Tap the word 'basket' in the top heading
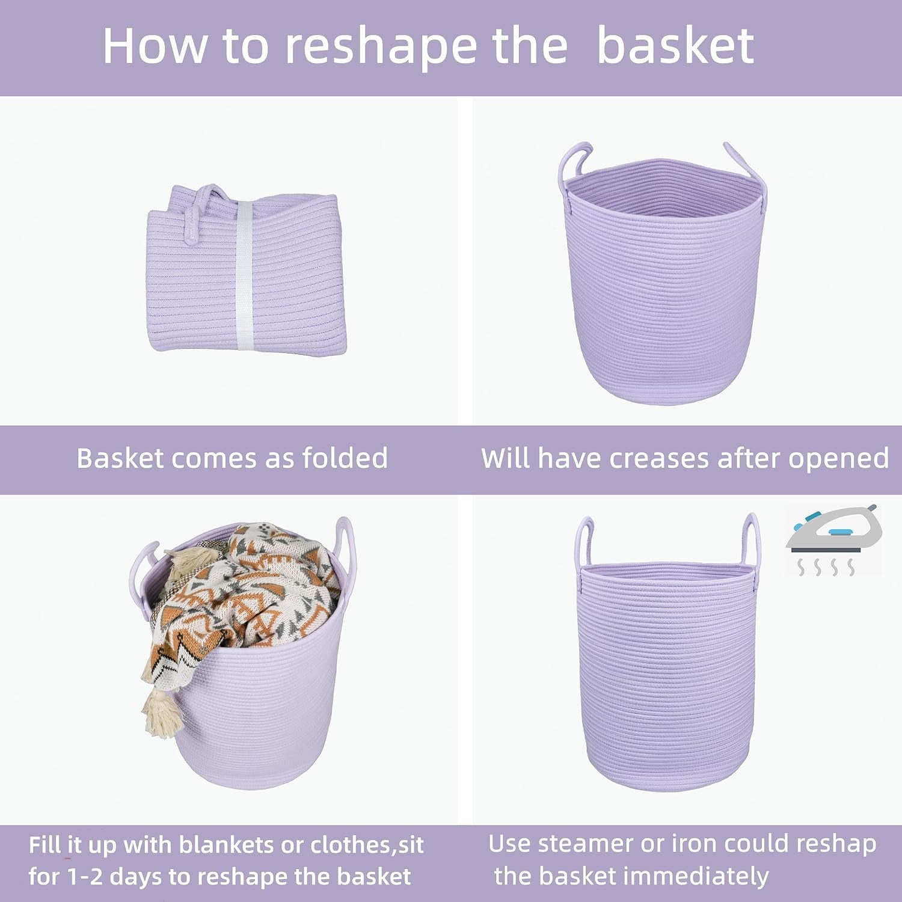point(675,47)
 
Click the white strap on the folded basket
point(244,274)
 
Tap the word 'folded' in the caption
point(345,458)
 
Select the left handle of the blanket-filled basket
point(142,565)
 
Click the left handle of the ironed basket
point(584,541)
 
